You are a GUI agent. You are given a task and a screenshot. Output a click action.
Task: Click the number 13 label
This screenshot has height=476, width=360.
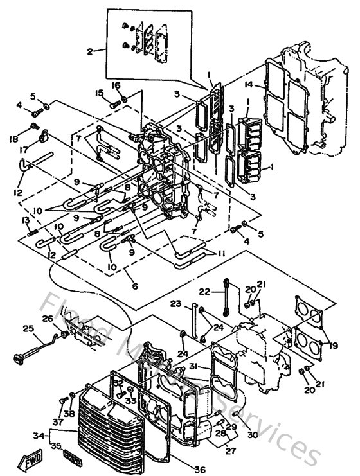26,220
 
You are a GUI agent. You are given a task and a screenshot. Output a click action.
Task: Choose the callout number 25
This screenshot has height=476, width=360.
27,329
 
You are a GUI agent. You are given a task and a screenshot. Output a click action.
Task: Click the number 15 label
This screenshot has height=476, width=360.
100,93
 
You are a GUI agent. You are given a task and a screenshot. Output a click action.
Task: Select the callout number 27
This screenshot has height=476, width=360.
230,450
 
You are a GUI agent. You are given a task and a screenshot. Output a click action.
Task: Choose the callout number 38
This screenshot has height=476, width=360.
68,413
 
